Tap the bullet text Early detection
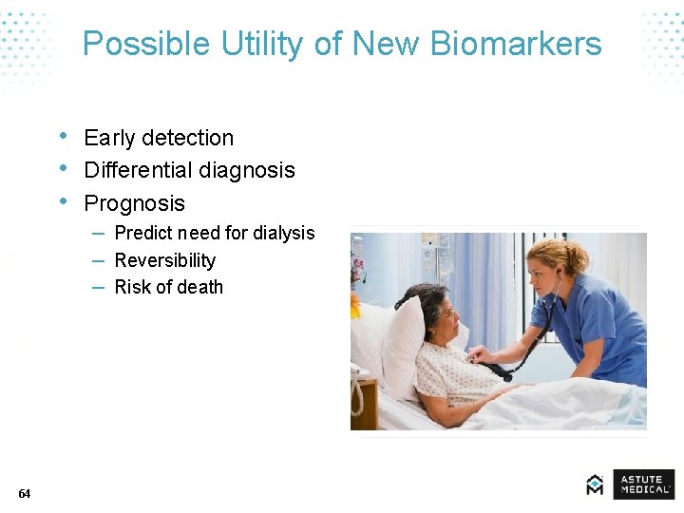(159, 138)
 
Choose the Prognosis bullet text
(134, 203)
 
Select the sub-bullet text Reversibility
(164, 260)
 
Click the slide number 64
(24, 493)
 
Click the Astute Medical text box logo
(643, 484)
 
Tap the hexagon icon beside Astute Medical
(595, 484)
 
